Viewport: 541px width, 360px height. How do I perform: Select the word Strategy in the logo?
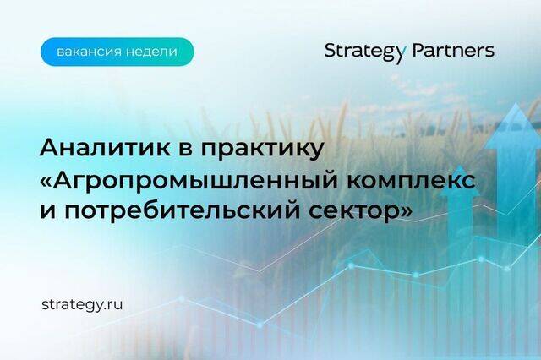click(x=363, y=52)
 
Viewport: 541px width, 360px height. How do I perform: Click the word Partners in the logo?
click(x=453, y=51)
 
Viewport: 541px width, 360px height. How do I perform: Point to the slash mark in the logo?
click(x=406, y=52)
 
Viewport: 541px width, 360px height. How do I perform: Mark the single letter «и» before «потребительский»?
click(x=47, y=211)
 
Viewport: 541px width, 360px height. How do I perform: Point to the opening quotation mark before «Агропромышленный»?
click(x=46, y=182)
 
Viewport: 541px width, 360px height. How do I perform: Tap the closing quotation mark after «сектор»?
click(x=406, y=211)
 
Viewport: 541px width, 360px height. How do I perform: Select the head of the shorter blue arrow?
click(x=459, y=180)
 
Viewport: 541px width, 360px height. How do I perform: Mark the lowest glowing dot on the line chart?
click(x=260, y=325)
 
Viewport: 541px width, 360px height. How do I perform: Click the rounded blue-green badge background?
click(x=117, y=52)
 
